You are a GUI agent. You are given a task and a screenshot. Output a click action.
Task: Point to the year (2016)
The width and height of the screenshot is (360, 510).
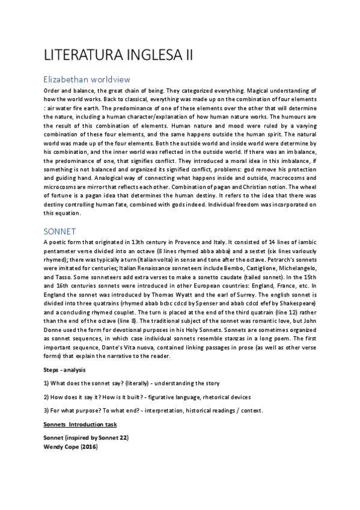pyautogui.click(x=88, y=447)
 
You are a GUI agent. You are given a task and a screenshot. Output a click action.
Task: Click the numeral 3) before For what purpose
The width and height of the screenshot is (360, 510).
pyautogui.click(x=47, y=411)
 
